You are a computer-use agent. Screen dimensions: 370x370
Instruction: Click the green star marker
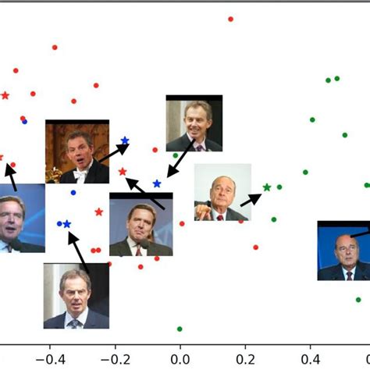[267, 187]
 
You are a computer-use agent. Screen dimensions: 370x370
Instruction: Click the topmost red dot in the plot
[230, 19]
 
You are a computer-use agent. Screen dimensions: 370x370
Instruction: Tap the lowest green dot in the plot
[180, 329]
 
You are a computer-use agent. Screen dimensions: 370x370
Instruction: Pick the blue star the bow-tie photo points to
[124, 141]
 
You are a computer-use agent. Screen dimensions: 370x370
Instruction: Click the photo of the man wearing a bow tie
[76, 151]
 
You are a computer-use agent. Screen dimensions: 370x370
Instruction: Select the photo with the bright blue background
[343, 251]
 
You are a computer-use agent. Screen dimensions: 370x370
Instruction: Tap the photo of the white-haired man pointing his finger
[222, 192]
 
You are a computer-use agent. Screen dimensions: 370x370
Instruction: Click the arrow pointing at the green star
[251, 199]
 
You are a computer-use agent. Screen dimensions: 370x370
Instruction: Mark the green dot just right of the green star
[279, 187]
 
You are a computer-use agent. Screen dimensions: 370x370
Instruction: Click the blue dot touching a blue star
[59, 224]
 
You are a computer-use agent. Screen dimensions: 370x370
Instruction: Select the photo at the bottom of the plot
[76, 295]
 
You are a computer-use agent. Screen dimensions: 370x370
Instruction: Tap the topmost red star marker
[5, 95]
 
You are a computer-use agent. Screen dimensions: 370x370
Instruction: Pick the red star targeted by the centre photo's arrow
[123, 172]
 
